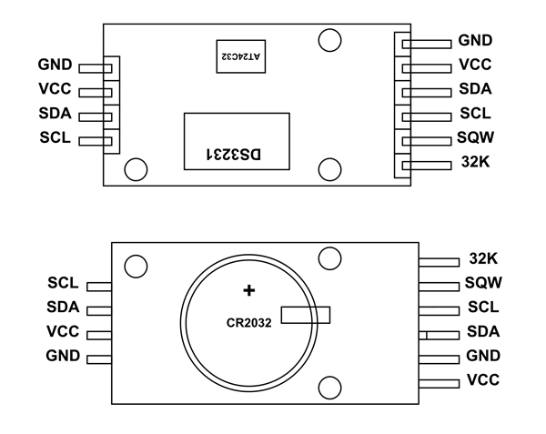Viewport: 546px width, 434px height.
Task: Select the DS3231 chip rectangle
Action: click(236, 141)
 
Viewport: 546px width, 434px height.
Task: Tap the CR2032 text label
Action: click(250, 322)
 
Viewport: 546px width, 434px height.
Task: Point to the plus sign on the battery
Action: click(248, 290)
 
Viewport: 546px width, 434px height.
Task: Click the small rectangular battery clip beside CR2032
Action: click(306, 315)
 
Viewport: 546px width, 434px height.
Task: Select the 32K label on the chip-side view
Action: click(473, 165)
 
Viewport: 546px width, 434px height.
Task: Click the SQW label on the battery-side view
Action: click(482, 283)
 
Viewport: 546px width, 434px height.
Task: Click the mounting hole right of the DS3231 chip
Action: click(329, 168)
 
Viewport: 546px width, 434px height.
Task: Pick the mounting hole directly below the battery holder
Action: click(329, 386)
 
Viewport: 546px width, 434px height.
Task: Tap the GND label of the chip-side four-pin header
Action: click(55, 66)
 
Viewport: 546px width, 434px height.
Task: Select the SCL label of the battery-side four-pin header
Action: click(62, 284)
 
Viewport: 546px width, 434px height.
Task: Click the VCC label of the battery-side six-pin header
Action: click(482, 379)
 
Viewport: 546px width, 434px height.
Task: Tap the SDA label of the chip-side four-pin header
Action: click(56, 115)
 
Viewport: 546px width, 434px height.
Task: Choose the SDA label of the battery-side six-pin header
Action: click(482, 331)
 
